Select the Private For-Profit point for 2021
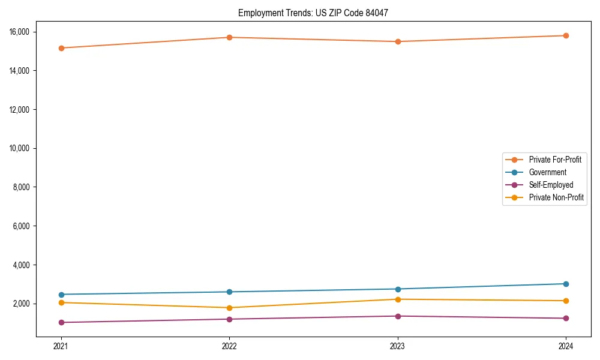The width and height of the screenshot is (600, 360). point(61,48)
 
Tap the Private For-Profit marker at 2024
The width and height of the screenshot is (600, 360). point(566,35)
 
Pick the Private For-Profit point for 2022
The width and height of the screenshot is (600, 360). point(229,37)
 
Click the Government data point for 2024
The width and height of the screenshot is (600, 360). point(566,284)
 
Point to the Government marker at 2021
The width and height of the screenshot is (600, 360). point(61,295)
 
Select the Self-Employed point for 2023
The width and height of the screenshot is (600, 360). point(398,316)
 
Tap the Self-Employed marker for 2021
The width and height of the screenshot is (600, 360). point(61,322)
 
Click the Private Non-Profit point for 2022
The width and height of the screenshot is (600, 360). point(229,308)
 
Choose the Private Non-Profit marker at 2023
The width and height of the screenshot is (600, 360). point(398,299)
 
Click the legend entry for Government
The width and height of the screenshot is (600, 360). point(547,172)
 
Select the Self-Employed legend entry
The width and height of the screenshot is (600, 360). point(551,185)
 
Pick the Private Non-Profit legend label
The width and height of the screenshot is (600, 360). point(556,197)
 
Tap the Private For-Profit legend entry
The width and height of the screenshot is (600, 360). point(555,160)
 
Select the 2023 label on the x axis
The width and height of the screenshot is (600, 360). point(398,346)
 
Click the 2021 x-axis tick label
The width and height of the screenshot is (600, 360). point(61,346)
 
